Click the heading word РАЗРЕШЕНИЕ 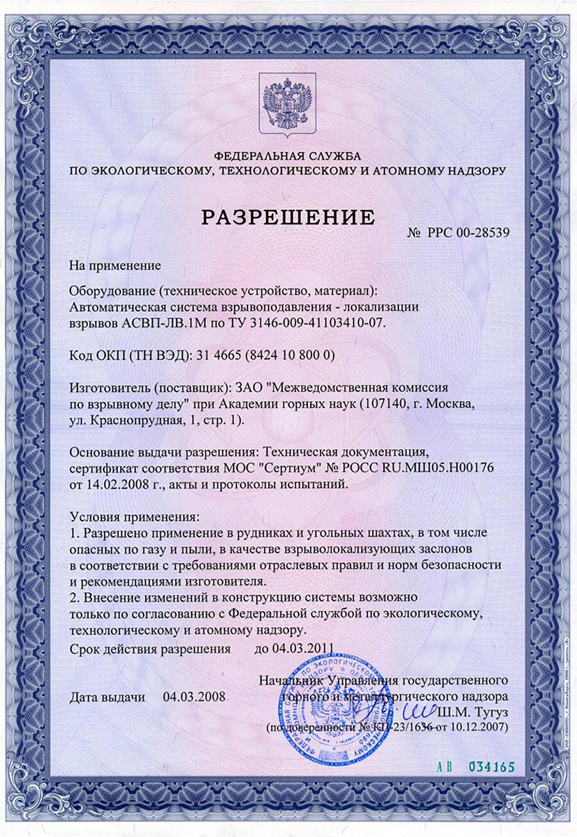coord(288,217)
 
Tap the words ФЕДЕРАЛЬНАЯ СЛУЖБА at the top coord(288,156)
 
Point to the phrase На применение coord(115,266)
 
